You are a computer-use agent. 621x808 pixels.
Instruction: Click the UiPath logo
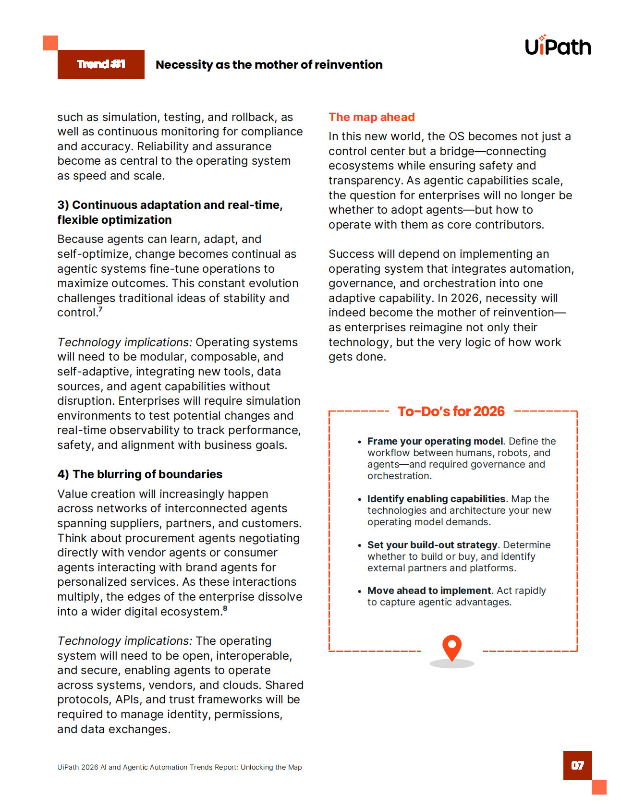558,47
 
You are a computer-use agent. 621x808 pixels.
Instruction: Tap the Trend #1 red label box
101,64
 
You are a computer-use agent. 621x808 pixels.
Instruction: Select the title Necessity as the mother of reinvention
269,65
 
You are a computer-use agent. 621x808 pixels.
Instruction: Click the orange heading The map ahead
371,117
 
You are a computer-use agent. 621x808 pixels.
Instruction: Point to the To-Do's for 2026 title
451,411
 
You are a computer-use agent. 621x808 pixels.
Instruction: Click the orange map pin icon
452,647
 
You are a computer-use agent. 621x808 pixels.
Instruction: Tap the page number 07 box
577,765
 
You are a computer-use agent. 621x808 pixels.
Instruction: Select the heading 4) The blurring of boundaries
140,474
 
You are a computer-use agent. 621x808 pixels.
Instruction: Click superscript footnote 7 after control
101,309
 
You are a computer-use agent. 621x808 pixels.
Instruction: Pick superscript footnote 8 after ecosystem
225,608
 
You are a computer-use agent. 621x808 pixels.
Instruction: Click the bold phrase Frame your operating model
435,441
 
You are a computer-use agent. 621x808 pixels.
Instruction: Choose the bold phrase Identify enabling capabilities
436,499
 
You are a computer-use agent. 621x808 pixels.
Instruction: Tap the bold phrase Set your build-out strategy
432,545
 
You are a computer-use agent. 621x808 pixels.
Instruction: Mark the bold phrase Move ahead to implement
429,591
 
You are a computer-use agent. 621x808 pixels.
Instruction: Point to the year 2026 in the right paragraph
465,298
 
